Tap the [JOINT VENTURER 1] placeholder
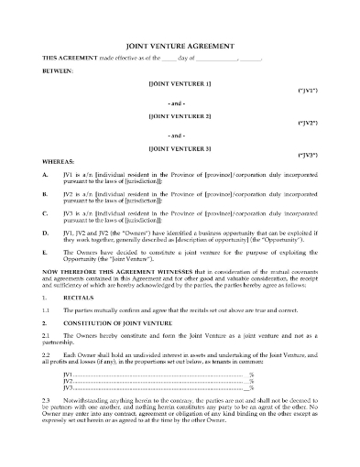tap(180, 84)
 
